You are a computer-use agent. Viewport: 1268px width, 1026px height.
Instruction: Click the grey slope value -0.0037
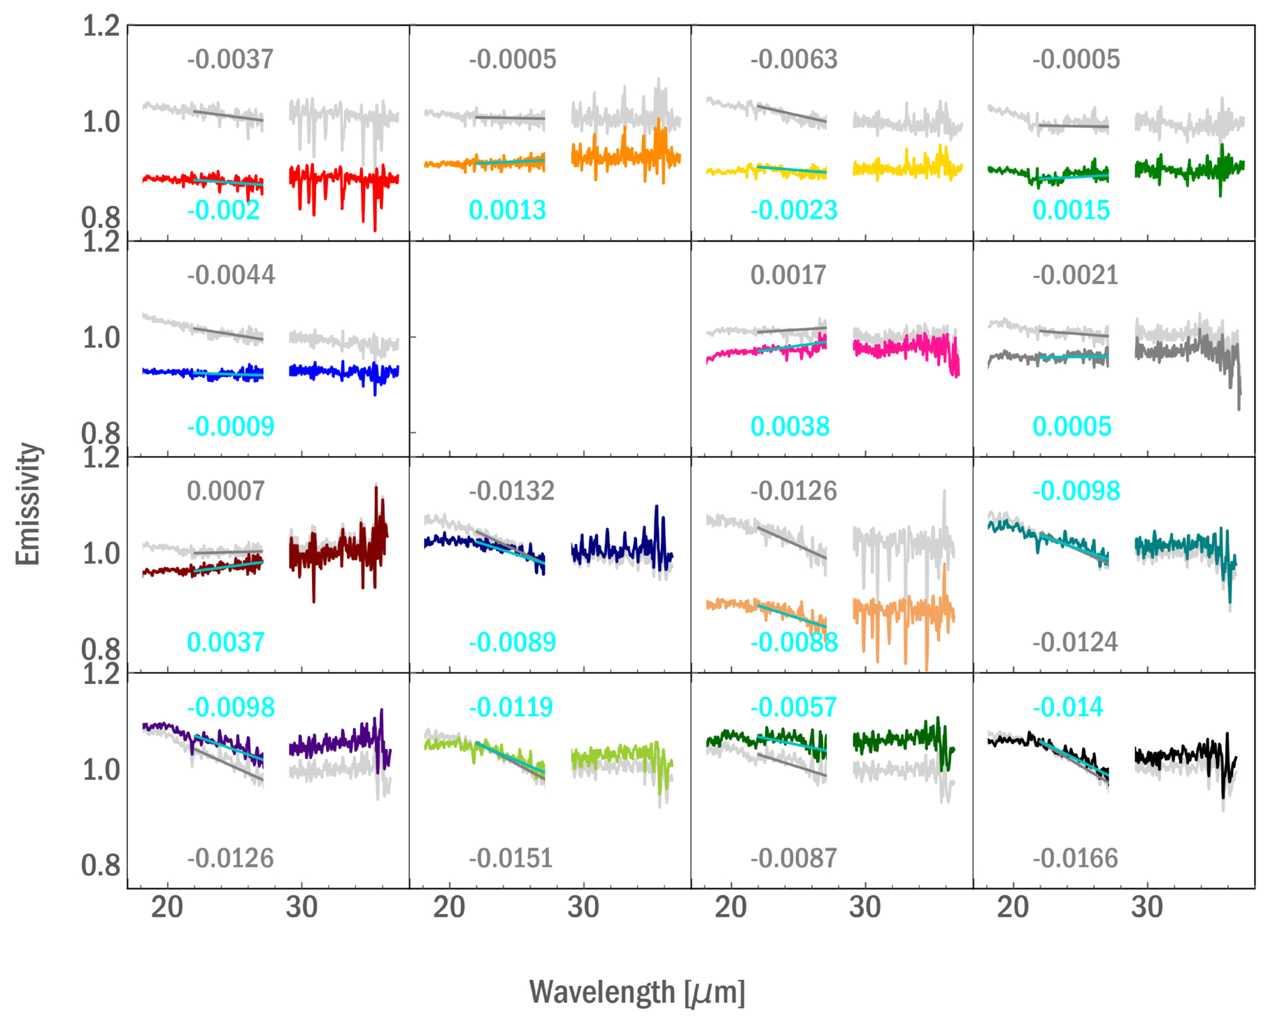(230, 59)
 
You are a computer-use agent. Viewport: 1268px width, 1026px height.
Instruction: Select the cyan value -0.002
(223, 211)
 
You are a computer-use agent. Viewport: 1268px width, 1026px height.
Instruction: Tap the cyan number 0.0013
(507, 211)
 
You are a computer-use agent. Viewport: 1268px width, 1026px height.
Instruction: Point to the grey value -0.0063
(794, 59)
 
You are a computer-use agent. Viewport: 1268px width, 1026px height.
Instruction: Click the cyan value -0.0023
(794, 211)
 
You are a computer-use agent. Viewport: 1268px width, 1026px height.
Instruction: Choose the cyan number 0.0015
(1071, 211)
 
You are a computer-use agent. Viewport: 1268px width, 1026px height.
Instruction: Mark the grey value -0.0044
(231, 276)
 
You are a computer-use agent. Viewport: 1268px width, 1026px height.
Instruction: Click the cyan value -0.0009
(231, 427)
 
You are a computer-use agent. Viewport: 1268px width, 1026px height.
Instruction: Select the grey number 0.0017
(788, 276)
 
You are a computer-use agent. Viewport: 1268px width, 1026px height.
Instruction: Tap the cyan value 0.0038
(790, 427)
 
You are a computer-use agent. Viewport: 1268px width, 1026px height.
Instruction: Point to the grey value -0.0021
(1075, 276)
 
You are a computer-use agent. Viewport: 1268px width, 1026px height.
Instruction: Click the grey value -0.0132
(511, 492)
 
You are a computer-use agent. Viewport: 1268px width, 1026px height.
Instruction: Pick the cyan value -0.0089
(512, 643)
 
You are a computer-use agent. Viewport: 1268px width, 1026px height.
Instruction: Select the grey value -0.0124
(1075, 643)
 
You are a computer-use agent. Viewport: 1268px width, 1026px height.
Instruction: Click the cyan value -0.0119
(511, 708)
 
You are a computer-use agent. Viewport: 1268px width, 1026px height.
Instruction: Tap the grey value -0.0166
(1075, 859)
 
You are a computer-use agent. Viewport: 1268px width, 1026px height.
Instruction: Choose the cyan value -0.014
(1068, 708)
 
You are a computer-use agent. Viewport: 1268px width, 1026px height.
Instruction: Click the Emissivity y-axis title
(29, 504)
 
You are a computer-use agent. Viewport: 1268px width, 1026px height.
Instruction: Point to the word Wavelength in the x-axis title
(602, 992)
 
